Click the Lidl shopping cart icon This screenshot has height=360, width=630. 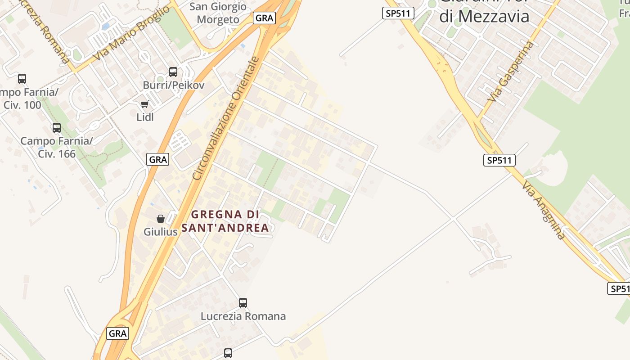(x=144, y=104)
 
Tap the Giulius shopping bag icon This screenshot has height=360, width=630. (x=161, y=219)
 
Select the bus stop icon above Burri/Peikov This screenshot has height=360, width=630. (x=173, y=72)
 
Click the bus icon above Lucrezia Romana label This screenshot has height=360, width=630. (x=243, y=303)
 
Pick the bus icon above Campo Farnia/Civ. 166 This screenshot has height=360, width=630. (x=57, y=128)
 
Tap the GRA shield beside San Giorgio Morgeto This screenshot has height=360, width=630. (x=264, y=18)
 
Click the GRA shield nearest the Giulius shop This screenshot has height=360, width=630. (x=158, y=159)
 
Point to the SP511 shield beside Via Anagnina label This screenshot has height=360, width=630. (x=499, y=160)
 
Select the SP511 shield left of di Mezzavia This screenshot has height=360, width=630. (x=398, y=13)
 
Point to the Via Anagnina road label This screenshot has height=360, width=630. (x=544, y=210)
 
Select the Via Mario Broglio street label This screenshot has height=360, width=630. (x=131, y=34)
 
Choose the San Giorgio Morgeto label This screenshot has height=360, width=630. (x=218, y=13)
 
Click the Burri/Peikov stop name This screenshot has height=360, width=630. (x=174, y=85)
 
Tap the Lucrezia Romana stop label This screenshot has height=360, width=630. (x=243, y=316)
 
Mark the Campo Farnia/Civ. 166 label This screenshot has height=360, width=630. (x=57, y=147)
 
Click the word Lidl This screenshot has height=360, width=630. (x=145, y=117)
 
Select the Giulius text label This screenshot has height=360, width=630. (x=161, y=232)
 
